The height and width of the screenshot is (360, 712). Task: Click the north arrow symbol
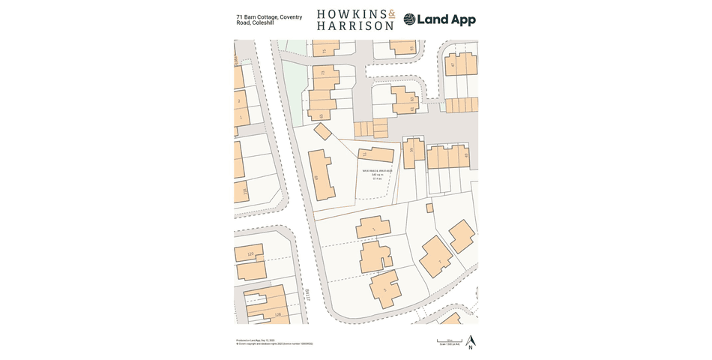(470, 342)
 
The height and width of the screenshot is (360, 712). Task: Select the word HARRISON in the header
(355, 25)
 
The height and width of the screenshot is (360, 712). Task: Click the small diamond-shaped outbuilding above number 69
(323, 131)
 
